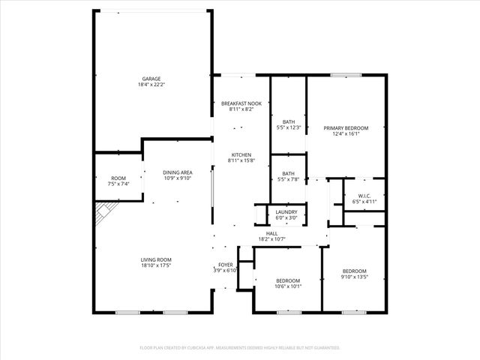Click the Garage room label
(151, 79)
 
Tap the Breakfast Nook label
(241, 103)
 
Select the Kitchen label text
(241, 154)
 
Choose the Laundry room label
(286, 212)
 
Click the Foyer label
(225, 265)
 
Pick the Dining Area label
(178, 172)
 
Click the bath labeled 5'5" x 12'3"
(289, 124)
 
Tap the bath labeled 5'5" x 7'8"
(289, 175)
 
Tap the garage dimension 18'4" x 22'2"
(151, 85)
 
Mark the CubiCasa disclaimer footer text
(240, 348)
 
